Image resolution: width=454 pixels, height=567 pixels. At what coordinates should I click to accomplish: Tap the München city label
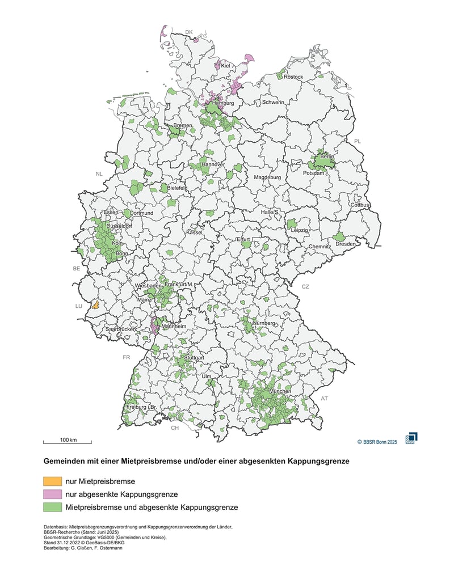click(281, 392)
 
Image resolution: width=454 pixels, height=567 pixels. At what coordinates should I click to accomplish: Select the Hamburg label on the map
click(222, 104)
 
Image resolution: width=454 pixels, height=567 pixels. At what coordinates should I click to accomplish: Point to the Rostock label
click(294, 77)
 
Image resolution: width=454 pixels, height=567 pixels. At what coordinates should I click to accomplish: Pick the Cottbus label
click(360, 205)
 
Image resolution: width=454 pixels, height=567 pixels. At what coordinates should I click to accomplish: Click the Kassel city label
click(194, 232)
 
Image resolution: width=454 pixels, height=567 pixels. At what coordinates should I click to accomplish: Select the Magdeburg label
click(267, 177)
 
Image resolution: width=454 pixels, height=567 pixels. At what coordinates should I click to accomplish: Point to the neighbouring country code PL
click(357, 141)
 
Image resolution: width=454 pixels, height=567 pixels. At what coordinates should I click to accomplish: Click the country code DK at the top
click(190, 32)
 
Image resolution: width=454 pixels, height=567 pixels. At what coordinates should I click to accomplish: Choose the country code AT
click(324, 399)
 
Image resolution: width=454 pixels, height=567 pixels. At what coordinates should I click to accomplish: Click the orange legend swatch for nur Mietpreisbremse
click(53, 481)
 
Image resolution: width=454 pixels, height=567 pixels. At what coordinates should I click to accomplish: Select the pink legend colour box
click(53, 494)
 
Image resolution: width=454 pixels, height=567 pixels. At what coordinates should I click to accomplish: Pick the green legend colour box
click(53, 507)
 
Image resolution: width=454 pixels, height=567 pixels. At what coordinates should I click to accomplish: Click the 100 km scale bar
click(68, 441)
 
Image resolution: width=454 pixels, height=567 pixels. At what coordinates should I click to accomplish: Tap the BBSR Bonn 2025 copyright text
click(377, 441)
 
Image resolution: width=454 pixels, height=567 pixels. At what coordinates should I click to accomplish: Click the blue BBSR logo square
click(411, 438)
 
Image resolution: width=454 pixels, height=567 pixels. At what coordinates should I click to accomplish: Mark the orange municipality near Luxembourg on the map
click(96, 305)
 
